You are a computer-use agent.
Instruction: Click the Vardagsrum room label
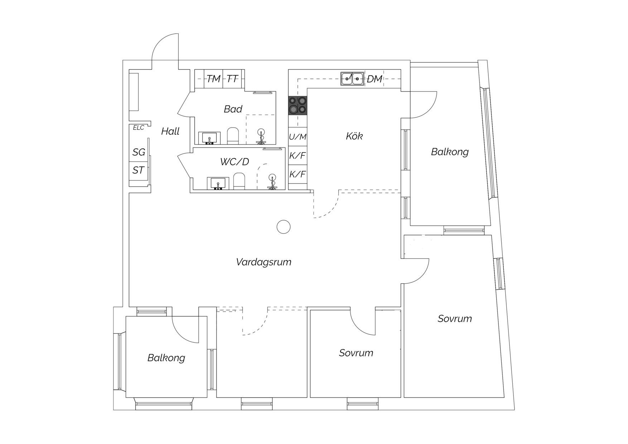coord(264,262)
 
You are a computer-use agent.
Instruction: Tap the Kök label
coord(354,136)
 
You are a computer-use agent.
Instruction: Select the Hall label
coord(170,131)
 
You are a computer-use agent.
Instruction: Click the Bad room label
coord(233,109)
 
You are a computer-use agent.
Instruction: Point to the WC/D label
coord(235,162)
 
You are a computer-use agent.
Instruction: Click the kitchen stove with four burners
coord(298,106)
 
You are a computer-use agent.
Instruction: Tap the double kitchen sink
coord(352,79)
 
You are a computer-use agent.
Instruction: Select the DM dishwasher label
coord(375,79)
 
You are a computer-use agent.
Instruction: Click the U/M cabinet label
coord(298,137)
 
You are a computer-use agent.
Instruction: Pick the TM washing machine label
coord(213,79)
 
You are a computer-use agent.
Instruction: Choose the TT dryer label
coord(232,79)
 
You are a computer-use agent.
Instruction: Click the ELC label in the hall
coord(139,128)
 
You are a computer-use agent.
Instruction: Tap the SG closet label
coord(139,153)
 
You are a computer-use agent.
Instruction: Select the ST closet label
coord(138,170)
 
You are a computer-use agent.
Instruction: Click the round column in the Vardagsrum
coord(284,227)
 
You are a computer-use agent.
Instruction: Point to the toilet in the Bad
coord(233,136)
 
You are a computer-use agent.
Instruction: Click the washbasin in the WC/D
coord(218,183)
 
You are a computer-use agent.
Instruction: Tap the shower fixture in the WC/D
coord(272,182)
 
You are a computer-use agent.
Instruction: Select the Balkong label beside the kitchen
coord(450,152)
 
